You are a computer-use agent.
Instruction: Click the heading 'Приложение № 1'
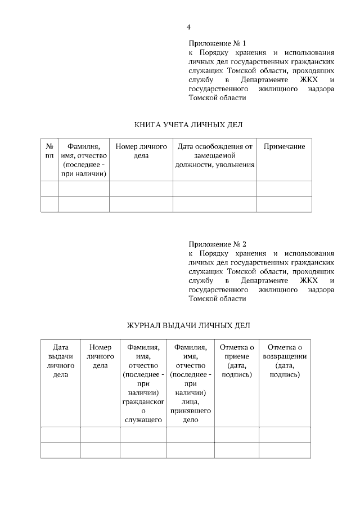point(217,43)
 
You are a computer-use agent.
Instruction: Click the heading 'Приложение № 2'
point(217,244)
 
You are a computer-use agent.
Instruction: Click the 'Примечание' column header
point(284,146)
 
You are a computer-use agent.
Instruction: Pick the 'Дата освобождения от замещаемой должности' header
point(214,155)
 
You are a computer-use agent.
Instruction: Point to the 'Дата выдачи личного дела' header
point(60,361)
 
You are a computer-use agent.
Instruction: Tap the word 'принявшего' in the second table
point(191,411)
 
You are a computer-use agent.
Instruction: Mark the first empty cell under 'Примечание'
point(284,189)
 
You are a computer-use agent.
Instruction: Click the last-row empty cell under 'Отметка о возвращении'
point(285,451)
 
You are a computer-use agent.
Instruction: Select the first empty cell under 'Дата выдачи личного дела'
point(60,435)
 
